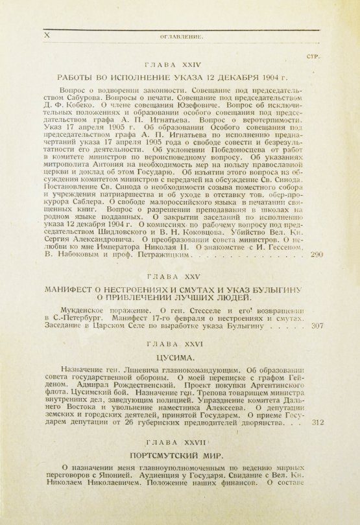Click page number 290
(317, 255)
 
